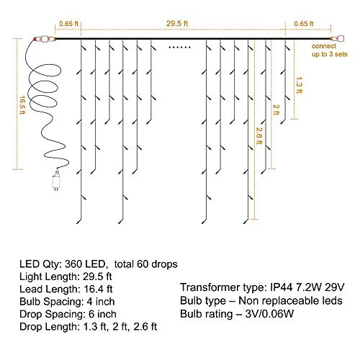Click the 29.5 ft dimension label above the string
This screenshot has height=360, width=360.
[177, 24]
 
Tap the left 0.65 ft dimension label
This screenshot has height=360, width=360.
[68, 24]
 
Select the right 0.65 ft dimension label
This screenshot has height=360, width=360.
[304, 24]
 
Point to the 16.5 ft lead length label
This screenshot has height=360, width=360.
[22, 105]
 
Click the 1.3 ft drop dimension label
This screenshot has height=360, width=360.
[299, 85]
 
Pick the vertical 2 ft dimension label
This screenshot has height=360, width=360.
[276, 109]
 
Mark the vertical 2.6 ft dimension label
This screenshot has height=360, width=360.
[258, 135]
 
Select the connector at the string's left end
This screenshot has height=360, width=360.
[45, 39]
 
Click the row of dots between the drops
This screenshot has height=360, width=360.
[179, 48]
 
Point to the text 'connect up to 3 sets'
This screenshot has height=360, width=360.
[329, 50]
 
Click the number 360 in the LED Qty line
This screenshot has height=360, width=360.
[73, 264]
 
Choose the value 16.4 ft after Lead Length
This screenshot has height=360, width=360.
[98, 289]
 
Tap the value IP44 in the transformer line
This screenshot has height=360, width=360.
[282, 287]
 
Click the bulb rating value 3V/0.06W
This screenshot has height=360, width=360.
[269, 314]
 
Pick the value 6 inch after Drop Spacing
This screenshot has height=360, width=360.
[102, 314]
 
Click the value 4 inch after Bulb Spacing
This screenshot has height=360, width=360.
[101, 302]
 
